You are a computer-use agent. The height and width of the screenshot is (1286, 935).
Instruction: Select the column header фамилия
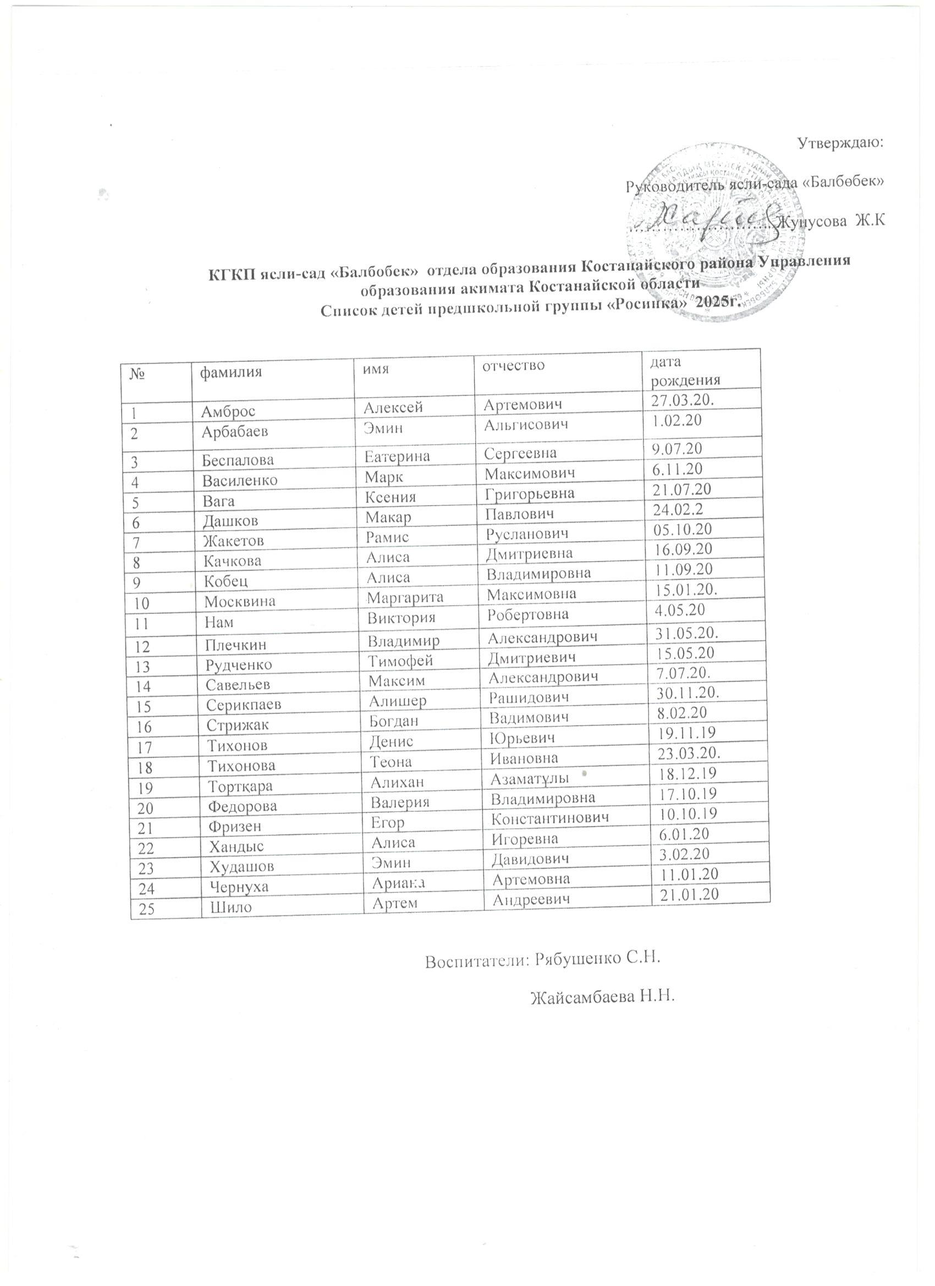click(x=227, y=372)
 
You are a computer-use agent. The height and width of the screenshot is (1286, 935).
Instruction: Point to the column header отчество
click(x=513, y=365)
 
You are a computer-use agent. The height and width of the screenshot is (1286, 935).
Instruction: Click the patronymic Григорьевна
click(x=529, y=493)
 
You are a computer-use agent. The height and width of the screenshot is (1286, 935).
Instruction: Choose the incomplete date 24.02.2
click(x=678, y=509)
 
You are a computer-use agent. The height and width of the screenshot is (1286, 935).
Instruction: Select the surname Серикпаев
click(x=244, y=705)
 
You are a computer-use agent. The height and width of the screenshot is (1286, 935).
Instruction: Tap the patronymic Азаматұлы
click(x=530, y=779)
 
